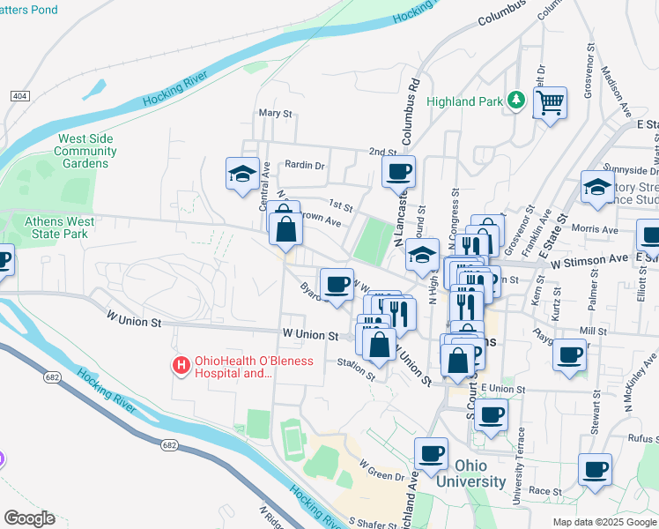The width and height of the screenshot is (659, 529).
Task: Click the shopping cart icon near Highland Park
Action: (x=551, y=102)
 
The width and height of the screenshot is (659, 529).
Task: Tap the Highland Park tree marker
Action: (x=516, y=101)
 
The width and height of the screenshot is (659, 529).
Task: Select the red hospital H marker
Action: (x=181, y=364)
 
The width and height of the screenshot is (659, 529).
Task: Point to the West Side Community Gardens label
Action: (x=85, y=151)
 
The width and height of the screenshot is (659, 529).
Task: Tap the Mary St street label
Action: (x=275, y=114)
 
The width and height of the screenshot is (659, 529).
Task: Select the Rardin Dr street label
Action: (x=305, y=165)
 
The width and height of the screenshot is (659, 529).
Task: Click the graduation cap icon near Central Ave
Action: (x=242, y=174)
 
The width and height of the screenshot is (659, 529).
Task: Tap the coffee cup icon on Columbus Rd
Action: (x=398, y=170)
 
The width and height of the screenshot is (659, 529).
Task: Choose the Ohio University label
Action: (x=480, y=473)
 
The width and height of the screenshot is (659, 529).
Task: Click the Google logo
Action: (x=29, y=518)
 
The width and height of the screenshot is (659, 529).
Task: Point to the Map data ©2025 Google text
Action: (x=603, y=522)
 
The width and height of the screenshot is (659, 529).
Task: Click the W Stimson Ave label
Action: (x=589, y=261)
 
